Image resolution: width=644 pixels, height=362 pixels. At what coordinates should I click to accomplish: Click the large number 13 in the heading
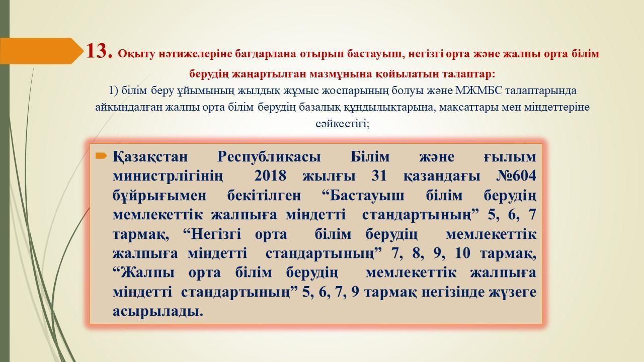click(99, 51)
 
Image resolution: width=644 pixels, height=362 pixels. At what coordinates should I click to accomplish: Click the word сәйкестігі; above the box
click(343, 124)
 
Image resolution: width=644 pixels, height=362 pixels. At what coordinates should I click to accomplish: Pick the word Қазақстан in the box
click(150, 157)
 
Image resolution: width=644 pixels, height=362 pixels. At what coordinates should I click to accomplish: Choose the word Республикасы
click(269, 157)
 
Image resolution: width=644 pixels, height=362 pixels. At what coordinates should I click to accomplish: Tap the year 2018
click(270, 176)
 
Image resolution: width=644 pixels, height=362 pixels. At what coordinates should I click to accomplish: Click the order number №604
click(516, 176)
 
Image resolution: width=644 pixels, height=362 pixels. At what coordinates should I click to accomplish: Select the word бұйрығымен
click(159, 196)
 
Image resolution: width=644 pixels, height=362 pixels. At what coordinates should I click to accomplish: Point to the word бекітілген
click(264, 196)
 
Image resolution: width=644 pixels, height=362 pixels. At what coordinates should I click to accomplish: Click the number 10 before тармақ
click(463, 253)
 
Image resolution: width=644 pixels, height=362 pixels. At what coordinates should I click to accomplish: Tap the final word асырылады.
click(158, 311)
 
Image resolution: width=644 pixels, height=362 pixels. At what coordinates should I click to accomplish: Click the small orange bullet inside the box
click(101, 156)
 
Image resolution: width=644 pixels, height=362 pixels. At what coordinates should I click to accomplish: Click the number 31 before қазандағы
click(379, 176)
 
